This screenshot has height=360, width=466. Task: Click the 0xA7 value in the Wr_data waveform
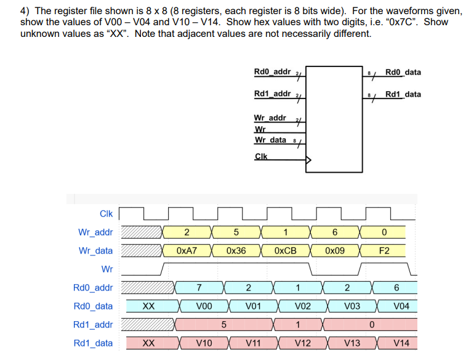187,251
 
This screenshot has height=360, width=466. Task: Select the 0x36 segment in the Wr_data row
236,251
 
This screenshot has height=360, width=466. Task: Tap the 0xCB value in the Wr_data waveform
285,251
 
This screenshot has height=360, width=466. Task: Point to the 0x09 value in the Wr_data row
335,251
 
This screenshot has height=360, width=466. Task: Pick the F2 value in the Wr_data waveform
384,251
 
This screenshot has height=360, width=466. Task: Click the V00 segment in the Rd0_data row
204,306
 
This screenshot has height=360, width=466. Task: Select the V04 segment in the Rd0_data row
401,306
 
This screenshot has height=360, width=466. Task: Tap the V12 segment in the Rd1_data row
302,343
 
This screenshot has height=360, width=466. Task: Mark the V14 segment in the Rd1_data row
401,343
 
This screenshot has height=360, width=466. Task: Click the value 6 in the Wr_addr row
335,233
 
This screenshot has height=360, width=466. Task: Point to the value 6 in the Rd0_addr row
396,287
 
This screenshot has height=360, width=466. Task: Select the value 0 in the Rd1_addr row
372,324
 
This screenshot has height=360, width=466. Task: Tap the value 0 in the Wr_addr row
384,233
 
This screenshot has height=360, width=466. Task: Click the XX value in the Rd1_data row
148,343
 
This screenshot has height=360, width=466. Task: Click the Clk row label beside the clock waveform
106,214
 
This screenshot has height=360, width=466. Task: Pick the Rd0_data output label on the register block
403,72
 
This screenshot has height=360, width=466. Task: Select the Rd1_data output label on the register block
403,94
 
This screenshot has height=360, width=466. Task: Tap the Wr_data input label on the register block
270,140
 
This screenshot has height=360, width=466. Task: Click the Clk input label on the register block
261,156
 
